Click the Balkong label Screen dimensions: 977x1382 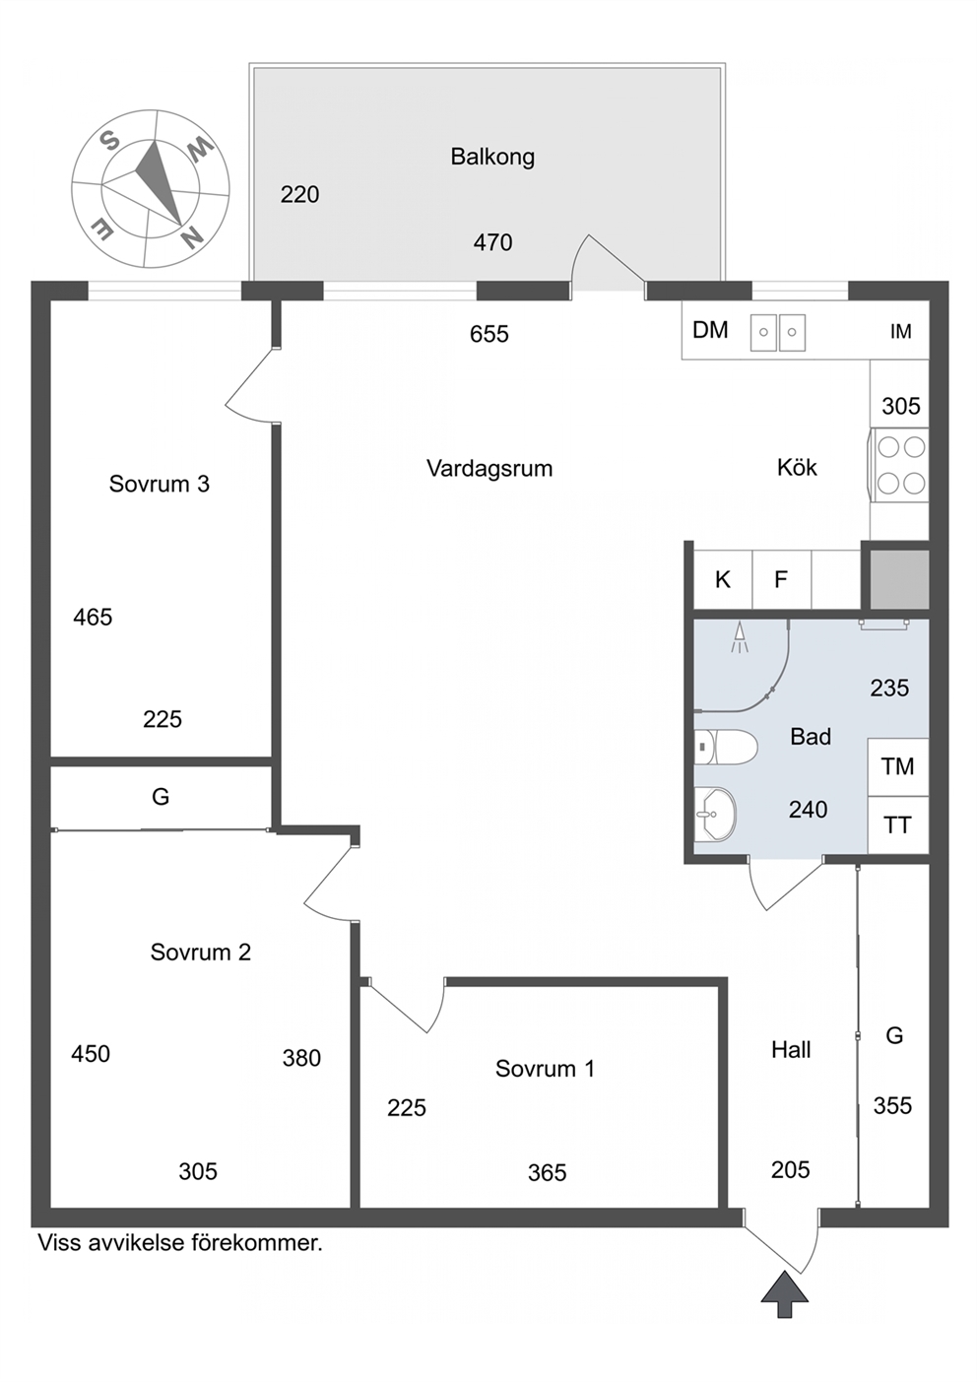pyautogui.click(x=492, y=157)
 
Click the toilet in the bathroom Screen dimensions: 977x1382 pyautogui.click(x=725, y=748)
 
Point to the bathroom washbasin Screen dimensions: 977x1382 pyautogui.click(x=715, y=815)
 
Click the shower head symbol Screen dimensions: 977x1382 pyautogui.click(x=739, y=637)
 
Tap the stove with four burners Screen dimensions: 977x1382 pyautogui.click(x=899, y=465)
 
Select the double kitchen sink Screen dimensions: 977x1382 pyautogui.click(x=778, y=332)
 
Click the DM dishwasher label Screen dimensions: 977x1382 pyautogui.click(x=710, y=330)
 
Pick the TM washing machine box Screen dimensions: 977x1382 pyautogui.click(x=898, y=767)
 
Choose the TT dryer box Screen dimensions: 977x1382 pyautogui.click(x=898, y=824)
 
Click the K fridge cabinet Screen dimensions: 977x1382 pyautogui.click(x=723, y=579)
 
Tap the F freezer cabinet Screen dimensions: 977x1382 pyautogui.click(x=781, y=579)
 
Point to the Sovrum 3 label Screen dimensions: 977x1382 pyautogui.click(x=160, y=484)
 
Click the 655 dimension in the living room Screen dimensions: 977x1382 pyautogui.click(x=489, y=334)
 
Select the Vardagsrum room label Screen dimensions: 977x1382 pyautogui.click(x=489, y=468)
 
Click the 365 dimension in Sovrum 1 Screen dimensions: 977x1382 pyautogui.click(x=547, y=1172)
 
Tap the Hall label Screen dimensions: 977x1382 pyautogui.click(x=791, y=1049)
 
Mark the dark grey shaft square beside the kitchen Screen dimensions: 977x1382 pyautogui.click(x=899, y=579)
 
